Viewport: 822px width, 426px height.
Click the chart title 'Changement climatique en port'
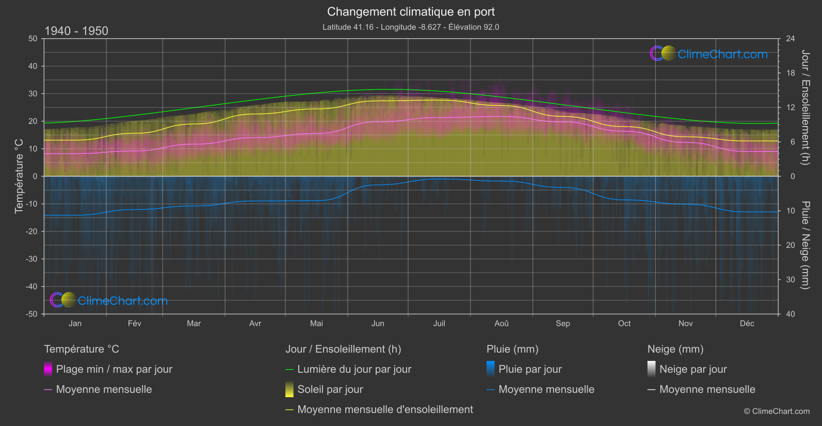point(411,12)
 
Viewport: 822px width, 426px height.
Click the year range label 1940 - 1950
point(76,31)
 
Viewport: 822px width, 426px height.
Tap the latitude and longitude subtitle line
point(411,27)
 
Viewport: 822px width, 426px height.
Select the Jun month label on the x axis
point(378,323)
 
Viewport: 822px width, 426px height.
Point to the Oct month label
point(624,323)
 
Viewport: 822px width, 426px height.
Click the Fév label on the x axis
point(134,323)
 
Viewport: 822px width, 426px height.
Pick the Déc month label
point(747,323)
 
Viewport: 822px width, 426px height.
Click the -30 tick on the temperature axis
point(32,259)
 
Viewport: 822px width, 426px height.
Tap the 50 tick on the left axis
point(33,39)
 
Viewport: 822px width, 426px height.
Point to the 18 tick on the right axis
point(791,73)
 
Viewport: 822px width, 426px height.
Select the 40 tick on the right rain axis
point(791,314)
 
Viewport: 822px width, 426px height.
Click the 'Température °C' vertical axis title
point(19,176)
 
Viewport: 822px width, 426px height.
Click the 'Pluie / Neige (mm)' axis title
point(805,245)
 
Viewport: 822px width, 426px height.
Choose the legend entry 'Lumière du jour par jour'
point(354,369)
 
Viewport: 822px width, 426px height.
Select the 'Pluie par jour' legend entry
point(530,369)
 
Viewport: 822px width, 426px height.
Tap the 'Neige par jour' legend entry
point(692,369)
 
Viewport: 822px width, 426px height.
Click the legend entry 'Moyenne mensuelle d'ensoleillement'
point(385,409)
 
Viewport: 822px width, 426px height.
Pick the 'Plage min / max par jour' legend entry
point(114,369)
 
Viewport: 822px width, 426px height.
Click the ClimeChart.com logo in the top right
point(708,54)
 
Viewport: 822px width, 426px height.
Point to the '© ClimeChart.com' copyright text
point(777,412)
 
